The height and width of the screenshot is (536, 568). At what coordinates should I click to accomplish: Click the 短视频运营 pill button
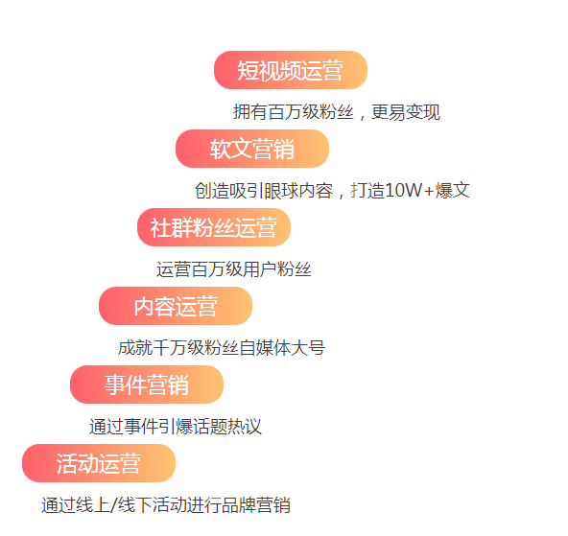pos(291,70)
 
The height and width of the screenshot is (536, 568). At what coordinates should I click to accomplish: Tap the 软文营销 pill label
pos(252,149)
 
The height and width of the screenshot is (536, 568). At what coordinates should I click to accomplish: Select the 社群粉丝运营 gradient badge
pos(214,227)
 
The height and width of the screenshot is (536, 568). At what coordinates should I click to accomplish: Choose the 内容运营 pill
pos(176,306)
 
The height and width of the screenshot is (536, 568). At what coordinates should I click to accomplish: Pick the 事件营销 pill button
pos(147,385)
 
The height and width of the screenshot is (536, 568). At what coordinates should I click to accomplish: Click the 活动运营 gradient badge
pos(99,463)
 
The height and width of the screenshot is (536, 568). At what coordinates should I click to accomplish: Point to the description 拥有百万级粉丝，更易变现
pos(337,112)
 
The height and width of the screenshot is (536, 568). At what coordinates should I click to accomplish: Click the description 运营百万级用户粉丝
pos(234,269)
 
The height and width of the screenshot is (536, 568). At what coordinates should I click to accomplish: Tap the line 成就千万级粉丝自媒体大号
pos(222,348)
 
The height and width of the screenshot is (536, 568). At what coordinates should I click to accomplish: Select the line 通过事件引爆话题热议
pos(176,427)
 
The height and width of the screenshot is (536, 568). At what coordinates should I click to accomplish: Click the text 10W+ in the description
pos(410,191)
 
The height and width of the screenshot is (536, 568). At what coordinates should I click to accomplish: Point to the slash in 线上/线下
pos(113,505)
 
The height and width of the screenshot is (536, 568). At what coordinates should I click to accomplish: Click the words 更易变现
pos(406,112)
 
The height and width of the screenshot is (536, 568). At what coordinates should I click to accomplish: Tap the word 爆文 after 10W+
pos(453,191)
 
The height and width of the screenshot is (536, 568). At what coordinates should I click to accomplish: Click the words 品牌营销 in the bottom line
pos(256,505)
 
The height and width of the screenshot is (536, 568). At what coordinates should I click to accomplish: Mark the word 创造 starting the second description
pos(212,191)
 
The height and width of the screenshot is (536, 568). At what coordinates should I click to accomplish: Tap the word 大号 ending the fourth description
pos(308,348)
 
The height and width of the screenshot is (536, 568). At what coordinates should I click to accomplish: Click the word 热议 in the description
pos(245,427)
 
